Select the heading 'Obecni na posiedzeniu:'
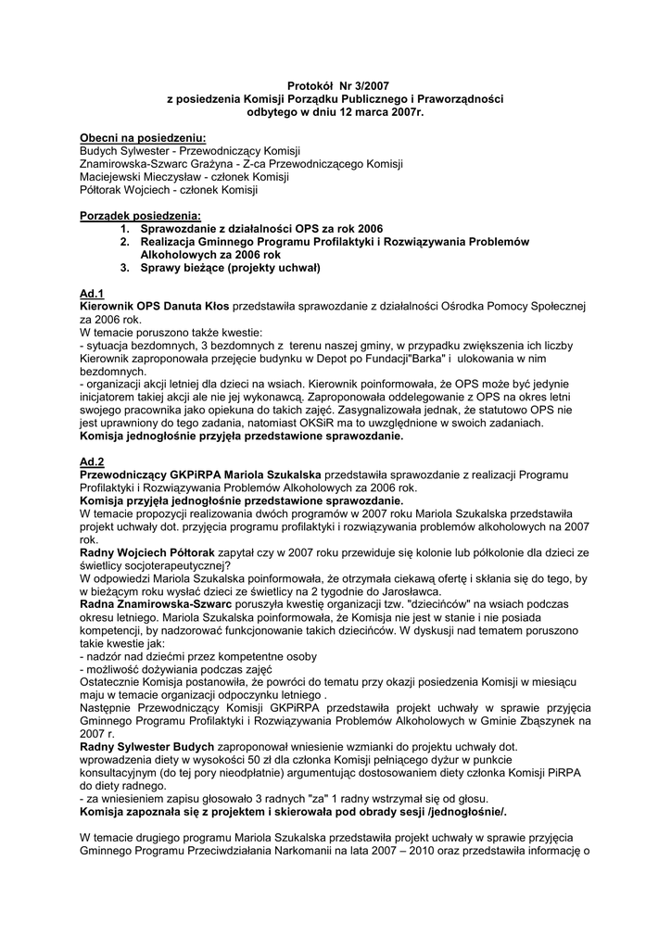point(143,137)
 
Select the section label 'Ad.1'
point(92,293)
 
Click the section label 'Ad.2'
point(92,462)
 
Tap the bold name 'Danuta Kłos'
point(197,305)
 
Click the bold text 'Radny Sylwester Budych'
point(147,747)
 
